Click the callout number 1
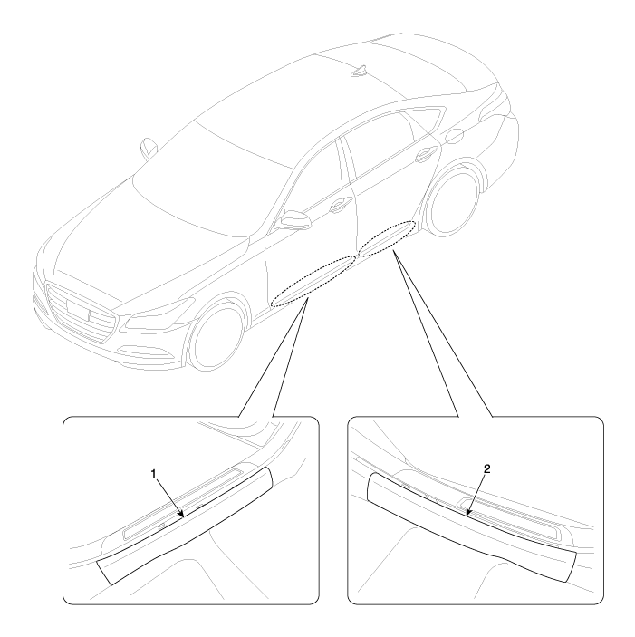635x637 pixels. point(153,474)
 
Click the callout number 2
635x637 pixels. point(487,468)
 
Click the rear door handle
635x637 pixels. point(425,152)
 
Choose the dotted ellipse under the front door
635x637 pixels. point(313,281)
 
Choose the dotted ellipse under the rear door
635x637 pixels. point(387,238)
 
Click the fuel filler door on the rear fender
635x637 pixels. point(455,137)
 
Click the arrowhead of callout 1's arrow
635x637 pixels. point(183,516)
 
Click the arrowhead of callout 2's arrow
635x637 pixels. point(468,514)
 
